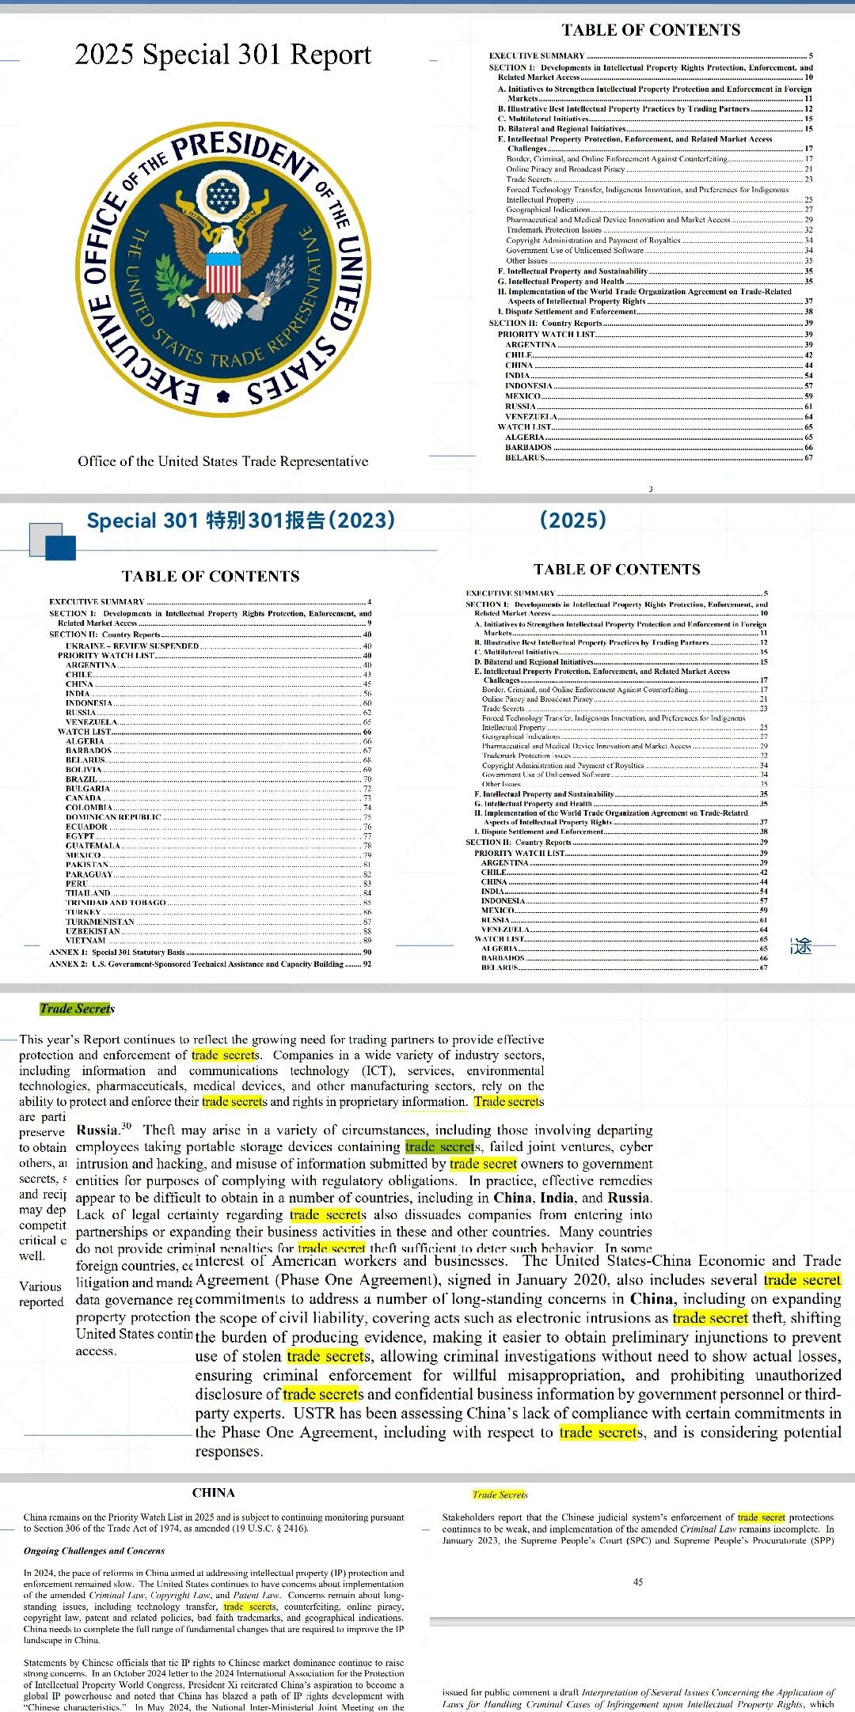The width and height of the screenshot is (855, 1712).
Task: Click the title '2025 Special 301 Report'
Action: coord(222,55)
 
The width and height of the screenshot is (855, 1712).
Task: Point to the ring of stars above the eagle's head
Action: coord(222,192)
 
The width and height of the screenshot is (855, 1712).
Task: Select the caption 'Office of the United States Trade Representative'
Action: coord(222,461)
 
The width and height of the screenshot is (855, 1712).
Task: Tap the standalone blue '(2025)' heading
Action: coord(573,520)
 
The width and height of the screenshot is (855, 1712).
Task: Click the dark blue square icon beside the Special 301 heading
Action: coord(61,547)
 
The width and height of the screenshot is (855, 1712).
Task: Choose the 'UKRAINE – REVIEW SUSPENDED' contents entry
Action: coord(132,646)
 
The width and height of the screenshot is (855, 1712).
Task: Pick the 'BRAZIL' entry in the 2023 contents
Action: coord(82,779)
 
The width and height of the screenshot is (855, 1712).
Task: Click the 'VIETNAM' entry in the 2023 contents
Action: coord(85,941)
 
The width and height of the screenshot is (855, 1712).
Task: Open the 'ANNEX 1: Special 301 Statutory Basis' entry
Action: coord(116,953)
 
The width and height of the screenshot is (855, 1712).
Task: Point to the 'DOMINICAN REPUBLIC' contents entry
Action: coord(113,817)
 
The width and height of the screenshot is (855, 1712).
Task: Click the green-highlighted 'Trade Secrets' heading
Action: coord(77,1009)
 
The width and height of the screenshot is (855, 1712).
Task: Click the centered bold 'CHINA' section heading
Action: coord(213,1493)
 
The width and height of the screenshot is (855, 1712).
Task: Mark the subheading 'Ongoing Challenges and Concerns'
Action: coord(93,1551)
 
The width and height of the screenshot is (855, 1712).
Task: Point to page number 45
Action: coord(638,1582)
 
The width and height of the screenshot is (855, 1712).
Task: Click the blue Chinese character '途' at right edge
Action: coord(802,945)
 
